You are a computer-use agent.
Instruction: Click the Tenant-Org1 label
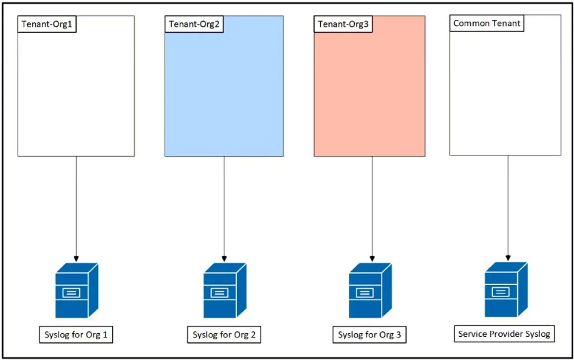47,24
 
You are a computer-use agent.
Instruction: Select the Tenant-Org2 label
194,24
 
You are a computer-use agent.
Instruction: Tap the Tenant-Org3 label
343,24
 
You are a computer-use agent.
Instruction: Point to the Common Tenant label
487,23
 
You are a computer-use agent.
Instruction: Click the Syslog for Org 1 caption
76,335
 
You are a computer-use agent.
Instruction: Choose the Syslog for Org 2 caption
224,335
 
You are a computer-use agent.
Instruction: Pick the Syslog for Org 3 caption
369,335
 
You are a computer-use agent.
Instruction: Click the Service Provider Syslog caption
504,334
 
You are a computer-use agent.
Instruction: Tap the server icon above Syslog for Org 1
77,290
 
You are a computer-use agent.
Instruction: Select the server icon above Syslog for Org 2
225,290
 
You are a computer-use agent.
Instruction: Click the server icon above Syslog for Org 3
370,290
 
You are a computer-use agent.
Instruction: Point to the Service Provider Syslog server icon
506,289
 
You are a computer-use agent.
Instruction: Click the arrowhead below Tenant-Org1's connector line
76,259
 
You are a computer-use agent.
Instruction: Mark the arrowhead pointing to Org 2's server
224,259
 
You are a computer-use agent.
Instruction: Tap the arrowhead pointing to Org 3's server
372,259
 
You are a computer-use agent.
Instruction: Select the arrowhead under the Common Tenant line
508,258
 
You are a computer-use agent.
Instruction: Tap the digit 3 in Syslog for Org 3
398,335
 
